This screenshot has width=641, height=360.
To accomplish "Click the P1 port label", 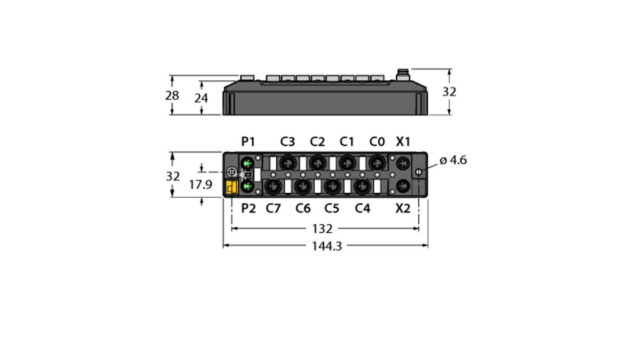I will coord(248,142).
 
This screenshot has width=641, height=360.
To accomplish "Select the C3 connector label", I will coord(288,142).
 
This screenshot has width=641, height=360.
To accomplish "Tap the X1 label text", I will coord(403,142).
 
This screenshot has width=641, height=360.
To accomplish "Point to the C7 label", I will coord(273,208).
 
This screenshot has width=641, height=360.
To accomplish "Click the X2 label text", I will coord(403,208).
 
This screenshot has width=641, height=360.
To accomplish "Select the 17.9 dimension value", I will coord(200,185).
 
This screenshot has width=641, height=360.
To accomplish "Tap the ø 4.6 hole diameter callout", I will coord(453,160).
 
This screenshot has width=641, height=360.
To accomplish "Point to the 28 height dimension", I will coord(172,96).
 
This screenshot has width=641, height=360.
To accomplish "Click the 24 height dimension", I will coord(201,98).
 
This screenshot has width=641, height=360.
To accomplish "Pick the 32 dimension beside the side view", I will coord(449,92).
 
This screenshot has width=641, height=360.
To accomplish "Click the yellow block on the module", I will coord(232,187).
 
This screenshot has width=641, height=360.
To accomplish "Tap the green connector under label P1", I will coord(247,163).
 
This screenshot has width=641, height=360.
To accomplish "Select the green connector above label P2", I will coord(247,185).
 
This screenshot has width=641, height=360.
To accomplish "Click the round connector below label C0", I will coord(376,162).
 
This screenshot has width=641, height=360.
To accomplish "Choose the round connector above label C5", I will coord(332,185).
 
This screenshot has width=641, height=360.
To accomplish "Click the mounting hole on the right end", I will coord(419,172).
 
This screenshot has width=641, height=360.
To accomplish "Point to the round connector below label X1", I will coord(403,162).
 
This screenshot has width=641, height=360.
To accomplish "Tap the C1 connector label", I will coord(347,142).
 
